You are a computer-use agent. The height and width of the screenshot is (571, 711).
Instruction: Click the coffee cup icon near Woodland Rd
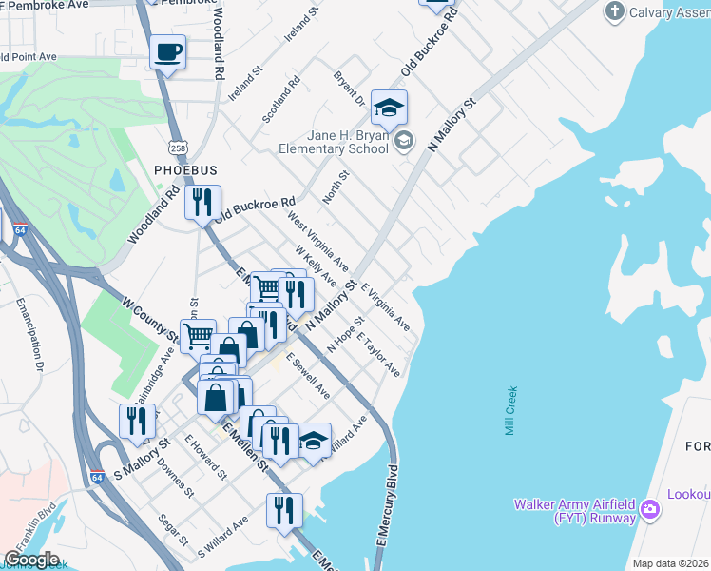point(168,51)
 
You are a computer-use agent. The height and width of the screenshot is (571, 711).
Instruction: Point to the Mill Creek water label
point(511,411)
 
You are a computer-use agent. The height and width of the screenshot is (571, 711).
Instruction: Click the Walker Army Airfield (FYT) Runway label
point(574,511)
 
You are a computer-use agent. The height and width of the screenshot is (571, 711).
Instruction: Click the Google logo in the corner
point(31,560)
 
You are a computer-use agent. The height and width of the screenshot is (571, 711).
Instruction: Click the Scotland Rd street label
point(281,99)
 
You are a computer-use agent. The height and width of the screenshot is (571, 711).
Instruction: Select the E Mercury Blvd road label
point(386,504)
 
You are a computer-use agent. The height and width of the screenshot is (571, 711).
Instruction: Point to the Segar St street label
point(174,530)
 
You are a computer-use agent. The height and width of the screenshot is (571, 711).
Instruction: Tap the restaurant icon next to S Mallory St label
point(137,422)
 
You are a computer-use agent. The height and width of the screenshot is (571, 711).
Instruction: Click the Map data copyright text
point(670,563)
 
